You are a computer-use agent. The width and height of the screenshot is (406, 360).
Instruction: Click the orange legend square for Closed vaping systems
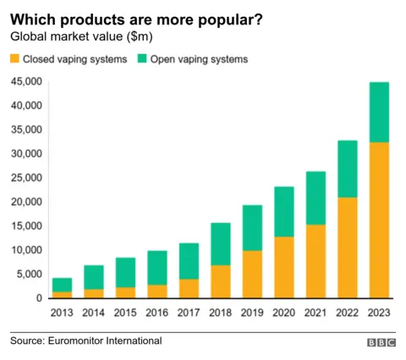tap(14, 60)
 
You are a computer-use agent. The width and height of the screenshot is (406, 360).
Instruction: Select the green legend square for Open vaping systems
tap(141, 60)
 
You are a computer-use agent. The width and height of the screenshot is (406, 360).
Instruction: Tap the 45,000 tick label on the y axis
tap(25, 82)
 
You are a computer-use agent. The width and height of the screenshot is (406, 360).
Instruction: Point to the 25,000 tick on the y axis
tap(25, 178)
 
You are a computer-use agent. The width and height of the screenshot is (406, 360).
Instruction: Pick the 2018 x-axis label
tap(220, 313)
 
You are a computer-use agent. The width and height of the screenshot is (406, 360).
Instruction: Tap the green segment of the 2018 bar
tap(220, 244)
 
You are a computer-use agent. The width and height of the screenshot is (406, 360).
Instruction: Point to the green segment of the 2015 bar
tap(126, 272)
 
